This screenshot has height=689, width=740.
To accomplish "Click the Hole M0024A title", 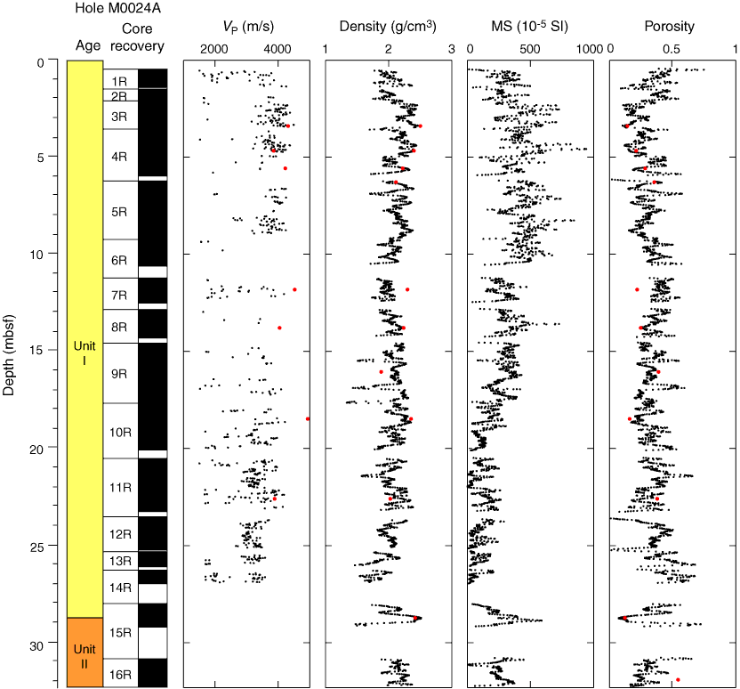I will [110, 9].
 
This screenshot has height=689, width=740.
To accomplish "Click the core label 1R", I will [119, 80].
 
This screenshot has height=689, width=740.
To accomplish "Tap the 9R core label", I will [119, 374].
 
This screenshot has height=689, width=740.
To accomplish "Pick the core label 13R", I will [119, 561].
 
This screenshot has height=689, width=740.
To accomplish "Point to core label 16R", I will [119, 674].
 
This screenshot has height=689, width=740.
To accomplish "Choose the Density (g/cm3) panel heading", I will [388, 27].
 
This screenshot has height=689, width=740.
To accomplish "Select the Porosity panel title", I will [670, 27].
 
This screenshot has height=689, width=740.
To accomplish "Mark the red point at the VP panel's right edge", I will [308, 418].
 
